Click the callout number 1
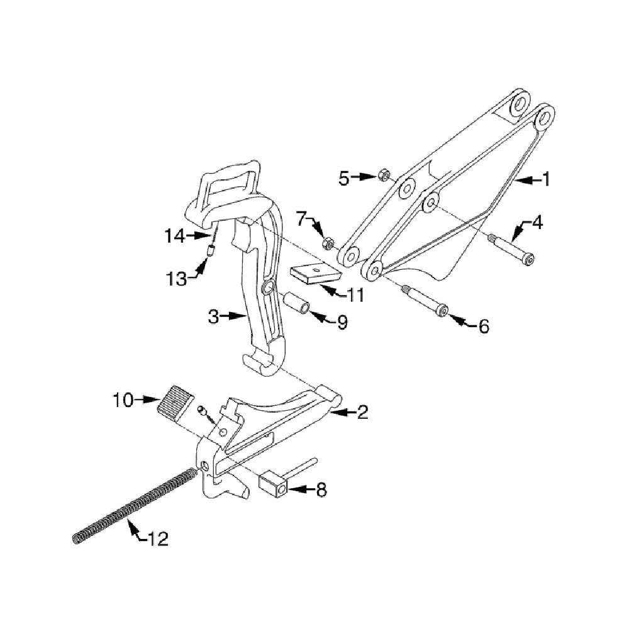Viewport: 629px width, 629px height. click(x=546, y=180)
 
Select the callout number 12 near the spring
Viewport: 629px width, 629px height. click(x=159, y=539)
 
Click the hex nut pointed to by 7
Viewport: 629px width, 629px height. click(x=327, y=243)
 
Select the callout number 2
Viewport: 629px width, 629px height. click(x=362, y=413)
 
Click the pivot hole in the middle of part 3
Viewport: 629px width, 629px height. click(x=267, y=288)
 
